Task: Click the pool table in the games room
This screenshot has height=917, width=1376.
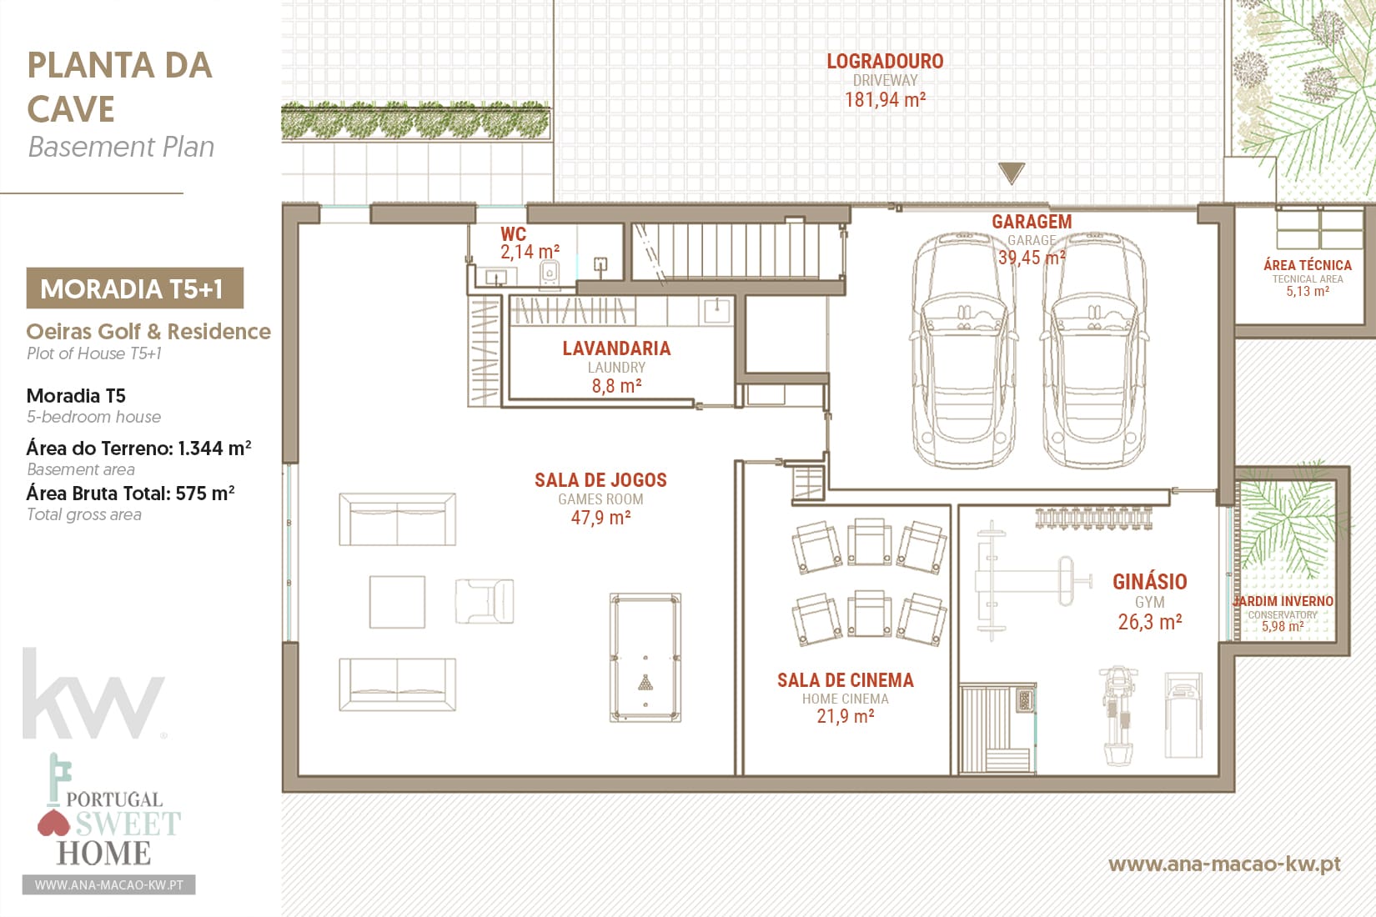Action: click(x=645, y=657)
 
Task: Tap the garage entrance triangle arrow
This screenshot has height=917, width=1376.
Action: click(x=1011, y=172)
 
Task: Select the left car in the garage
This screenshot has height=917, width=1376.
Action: click(x=963, y=350)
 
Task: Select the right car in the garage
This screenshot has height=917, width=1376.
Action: click(x=1093, y=350)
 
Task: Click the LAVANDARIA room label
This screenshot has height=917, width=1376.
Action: click(x=616, y=348)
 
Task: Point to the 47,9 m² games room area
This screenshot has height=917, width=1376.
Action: click(x=600, y=518)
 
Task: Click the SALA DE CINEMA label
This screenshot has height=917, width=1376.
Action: click(x=846, y=680)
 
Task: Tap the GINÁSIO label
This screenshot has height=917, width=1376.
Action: click(x=1149, y=581)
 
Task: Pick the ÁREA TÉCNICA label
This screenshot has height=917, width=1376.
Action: click(x=1308, y=265)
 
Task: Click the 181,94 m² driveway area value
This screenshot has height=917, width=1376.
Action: click(x=885, y=99)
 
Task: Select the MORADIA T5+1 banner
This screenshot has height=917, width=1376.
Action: click(x=134, y=288)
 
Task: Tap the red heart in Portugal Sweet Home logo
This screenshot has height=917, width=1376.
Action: click(x=54, y=823)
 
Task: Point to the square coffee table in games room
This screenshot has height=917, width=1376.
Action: click(x=397, y=602)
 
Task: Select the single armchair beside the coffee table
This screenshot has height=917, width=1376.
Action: click(x=484, y=601)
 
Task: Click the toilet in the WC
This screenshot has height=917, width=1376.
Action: click(x=550, y=274)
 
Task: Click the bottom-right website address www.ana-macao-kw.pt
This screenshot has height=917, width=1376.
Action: click(x=1224, y=864)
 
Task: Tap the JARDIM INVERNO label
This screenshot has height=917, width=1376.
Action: click(x=1283, y=601)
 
